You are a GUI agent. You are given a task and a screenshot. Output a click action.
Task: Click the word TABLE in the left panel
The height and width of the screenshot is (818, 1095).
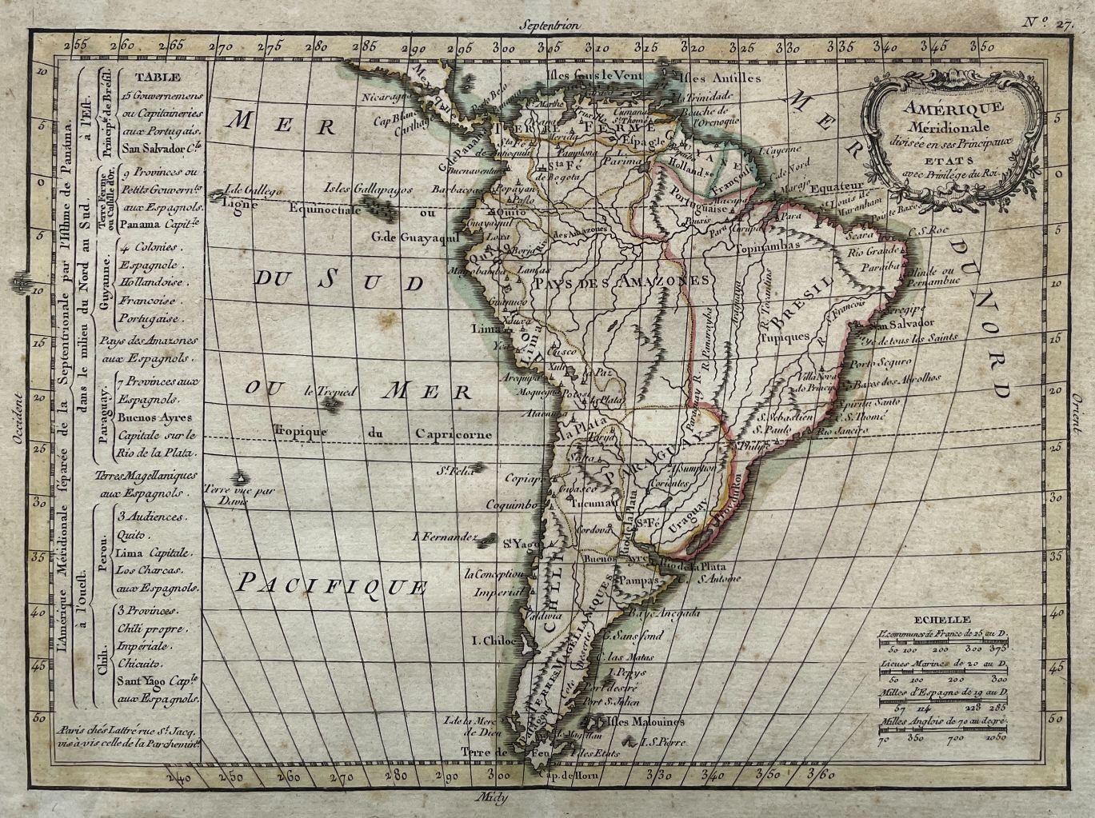click(157, 78)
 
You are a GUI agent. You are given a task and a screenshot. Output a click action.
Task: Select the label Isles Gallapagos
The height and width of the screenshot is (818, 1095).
click(368, 189)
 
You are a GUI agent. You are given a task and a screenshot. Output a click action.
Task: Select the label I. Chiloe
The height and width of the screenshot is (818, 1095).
click(493, 640)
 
